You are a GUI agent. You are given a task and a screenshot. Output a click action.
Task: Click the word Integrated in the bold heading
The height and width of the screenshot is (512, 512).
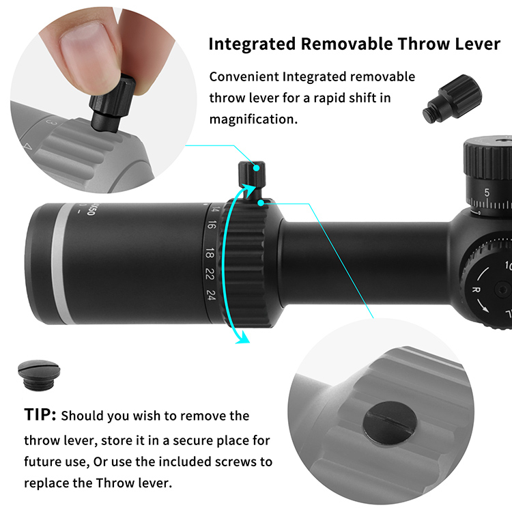252,44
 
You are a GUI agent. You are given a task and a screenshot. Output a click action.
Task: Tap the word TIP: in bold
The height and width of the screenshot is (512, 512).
40,414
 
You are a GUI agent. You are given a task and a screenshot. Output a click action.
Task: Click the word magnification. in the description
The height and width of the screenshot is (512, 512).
254,119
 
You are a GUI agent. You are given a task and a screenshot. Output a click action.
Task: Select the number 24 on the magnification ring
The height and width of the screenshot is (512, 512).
211,295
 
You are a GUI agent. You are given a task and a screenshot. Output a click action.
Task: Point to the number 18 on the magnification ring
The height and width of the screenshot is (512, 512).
210,253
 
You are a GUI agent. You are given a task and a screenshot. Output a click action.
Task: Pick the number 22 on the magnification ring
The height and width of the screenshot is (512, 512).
210,274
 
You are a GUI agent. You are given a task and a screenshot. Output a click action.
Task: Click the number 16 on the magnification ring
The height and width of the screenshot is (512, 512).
212,225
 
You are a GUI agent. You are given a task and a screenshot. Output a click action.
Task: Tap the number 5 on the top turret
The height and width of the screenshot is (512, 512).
487,193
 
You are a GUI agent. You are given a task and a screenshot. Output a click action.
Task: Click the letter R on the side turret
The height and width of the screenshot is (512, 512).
477,289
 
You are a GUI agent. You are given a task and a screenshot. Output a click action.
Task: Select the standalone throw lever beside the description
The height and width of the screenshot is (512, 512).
452,98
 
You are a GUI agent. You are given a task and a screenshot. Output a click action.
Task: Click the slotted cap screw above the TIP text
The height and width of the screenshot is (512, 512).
39,375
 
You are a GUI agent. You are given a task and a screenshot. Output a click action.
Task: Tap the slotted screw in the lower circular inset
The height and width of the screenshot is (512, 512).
390,423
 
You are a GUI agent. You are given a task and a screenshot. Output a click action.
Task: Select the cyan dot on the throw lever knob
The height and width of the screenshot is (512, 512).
257,168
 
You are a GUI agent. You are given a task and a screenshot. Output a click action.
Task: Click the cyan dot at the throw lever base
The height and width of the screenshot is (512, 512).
261,203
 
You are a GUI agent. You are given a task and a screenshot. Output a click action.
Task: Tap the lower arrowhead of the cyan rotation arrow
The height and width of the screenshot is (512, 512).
243,337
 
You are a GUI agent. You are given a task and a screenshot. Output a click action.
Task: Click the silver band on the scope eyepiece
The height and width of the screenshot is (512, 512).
62,263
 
